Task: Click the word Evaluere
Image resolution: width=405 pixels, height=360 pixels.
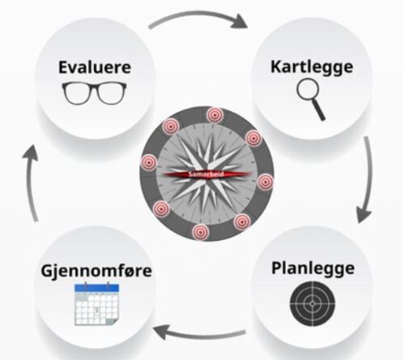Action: point(95,67)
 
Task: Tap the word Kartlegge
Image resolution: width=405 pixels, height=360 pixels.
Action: point(312,66)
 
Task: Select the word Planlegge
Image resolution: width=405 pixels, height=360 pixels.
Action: point(313,268)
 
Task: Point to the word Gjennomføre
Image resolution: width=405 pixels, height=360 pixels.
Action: point(96,271)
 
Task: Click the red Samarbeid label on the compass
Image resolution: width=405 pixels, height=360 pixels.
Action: point(207,174)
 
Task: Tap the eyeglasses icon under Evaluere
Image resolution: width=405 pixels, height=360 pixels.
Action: point(94,93)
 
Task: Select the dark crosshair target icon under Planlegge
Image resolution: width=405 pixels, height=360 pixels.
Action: point(313,304)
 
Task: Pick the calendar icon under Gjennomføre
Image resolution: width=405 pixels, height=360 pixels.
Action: point(96,304)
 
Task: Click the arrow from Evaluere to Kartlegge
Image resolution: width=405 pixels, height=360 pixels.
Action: point(198,15)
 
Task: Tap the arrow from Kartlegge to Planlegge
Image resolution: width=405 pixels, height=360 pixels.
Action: point(369,178)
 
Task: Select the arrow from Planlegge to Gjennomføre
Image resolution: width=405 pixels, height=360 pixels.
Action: point(200,334)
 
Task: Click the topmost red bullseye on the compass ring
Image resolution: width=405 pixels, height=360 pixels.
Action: point(215,115)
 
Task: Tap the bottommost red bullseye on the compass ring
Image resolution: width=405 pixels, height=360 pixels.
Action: point(200,232)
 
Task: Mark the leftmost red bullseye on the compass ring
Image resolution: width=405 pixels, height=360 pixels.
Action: point(149,162)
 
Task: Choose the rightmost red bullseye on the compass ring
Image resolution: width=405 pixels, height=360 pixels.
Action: point(265,182)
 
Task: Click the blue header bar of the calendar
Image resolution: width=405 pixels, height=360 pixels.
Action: point(96,288)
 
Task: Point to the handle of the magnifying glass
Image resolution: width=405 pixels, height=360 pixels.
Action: point(319,111)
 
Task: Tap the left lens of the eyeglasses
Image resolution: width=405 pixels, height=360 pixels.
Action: point(76,93)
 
